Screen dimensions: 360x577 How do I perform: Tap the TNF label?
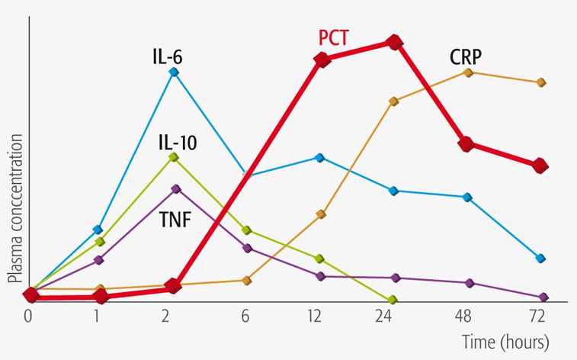click(175, 221)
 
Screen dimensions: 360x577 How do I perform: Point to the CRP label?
click(466, 57)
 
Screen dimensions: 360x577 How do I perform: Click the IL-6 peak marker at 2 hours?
click(174, 72)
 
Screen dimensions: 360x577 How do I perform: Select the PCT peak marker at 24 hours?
click(394, 43)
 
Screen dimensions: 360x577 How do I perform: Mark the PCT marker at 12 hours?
click(322, 59)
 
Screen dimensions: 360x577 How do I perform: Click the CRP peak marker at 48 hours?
click(468, 72)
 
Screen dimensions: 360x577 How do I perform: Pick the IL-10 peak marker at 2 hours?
click(174, 157)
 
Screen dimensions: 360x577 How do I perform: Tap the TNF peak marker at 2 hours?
click(176, 188)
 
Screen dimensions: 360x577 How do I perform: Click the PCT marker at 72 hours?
click(540, 165)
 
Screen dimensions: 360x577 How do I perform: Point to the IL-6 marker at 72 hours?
click(540, 259)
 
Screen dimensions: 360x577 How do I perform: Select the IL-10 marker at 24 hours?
click(393, 300)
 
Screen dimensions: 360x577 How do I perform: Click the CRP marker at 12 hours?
click(321, 214)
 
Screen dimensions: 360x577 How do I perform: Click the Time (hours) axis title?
click(505, 339)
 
